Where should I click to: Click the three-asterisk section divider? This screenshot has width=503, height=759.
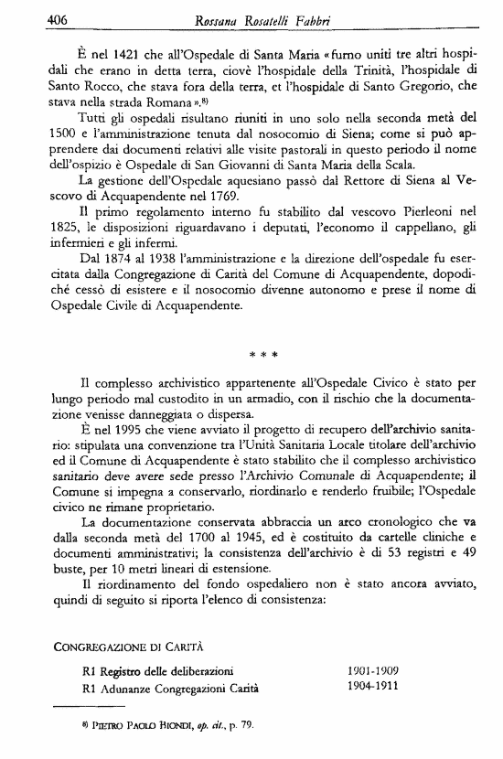tap(263, 352)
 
